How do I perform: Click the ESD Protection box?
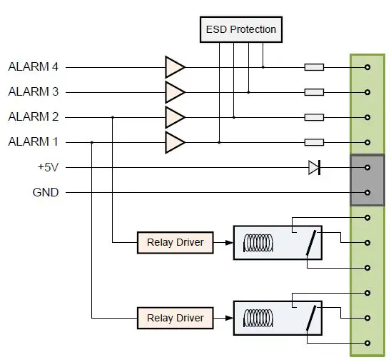240,29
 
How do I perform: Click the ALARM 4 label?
33,67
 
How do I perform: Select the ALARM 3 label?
33,92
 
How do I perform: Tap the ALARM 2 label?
33,117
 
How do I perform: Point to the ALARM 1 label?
33,142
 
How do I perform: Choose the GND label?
46,192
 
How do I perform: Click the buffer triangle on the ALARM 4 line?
173,67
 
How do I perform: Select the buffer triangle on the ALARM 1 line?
173,142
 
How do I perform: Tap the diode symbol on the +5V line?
314,167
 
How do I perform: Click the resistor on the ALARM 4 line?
314,67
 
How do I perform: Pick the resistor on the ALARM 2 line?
314,117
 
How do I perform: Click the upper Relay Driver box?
175,243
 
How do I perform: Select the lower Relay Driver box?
175,318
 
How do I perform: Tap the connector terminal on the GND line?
367,192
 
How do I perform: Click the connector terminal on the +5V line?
367,167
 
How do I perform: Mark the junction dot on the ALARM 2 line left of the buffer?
113,117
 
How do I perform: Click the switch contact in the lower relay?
311,319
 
